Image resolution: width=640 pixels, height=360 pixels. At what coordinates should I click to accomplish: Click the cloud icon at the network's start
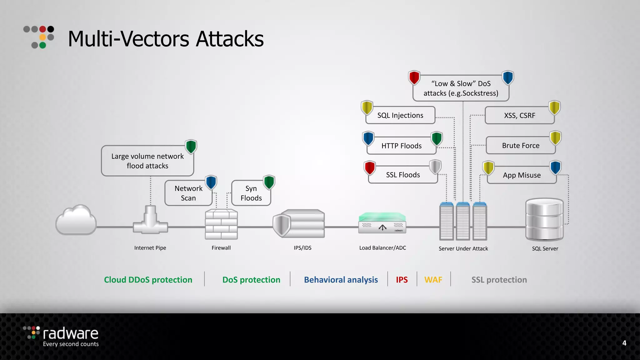76,220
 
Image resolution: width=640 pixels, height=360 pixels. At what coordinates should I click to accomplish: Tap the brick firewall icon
221,224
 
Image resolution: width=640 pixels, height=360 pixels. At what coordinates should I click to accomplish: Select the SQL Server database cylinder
544,219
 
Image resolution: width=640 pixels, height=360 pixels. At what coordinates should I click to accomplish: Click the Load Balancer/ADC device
382,223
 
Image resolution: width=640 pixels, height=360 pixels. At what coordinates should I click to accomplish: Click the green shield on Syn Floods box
269,182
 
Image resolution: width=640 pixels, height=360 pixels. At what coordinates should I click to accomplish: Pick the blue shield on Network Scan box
211,182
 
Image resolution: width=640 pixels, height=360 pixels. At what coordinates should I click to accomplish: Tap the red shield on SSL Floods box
370,168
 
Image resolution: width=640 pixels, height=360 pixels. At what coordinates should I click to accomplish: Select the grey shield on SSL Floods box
435,167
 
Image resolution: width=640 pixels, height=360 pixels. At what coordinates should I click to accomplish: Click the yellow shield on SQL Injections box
367,107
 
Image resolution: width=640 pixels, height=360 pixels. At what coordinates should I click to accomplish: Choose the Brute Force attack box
521,146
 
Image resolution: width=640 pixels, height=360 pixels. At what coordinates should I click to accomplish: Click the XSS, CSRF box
519,116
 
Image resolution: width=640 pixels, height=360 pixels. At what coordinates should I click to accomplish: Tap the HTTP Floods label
401,146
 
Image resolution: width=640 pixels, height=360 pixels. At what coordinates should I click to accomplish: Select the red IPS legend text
402,280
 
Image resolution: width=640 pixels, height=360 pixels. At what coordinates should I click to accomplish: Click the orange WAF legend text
433,280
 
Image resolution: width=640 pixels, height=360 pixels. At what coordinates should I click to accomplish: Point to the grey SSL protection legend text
499,280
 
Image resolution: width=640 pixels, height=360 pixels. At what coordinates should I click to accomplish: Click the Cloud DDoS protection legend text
148,280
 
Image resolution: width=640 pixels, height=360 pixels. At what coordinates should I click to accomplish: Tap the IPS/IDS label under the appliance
302,248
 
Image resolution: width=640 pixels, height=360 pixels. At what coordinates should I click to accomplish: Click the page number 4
624,343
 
